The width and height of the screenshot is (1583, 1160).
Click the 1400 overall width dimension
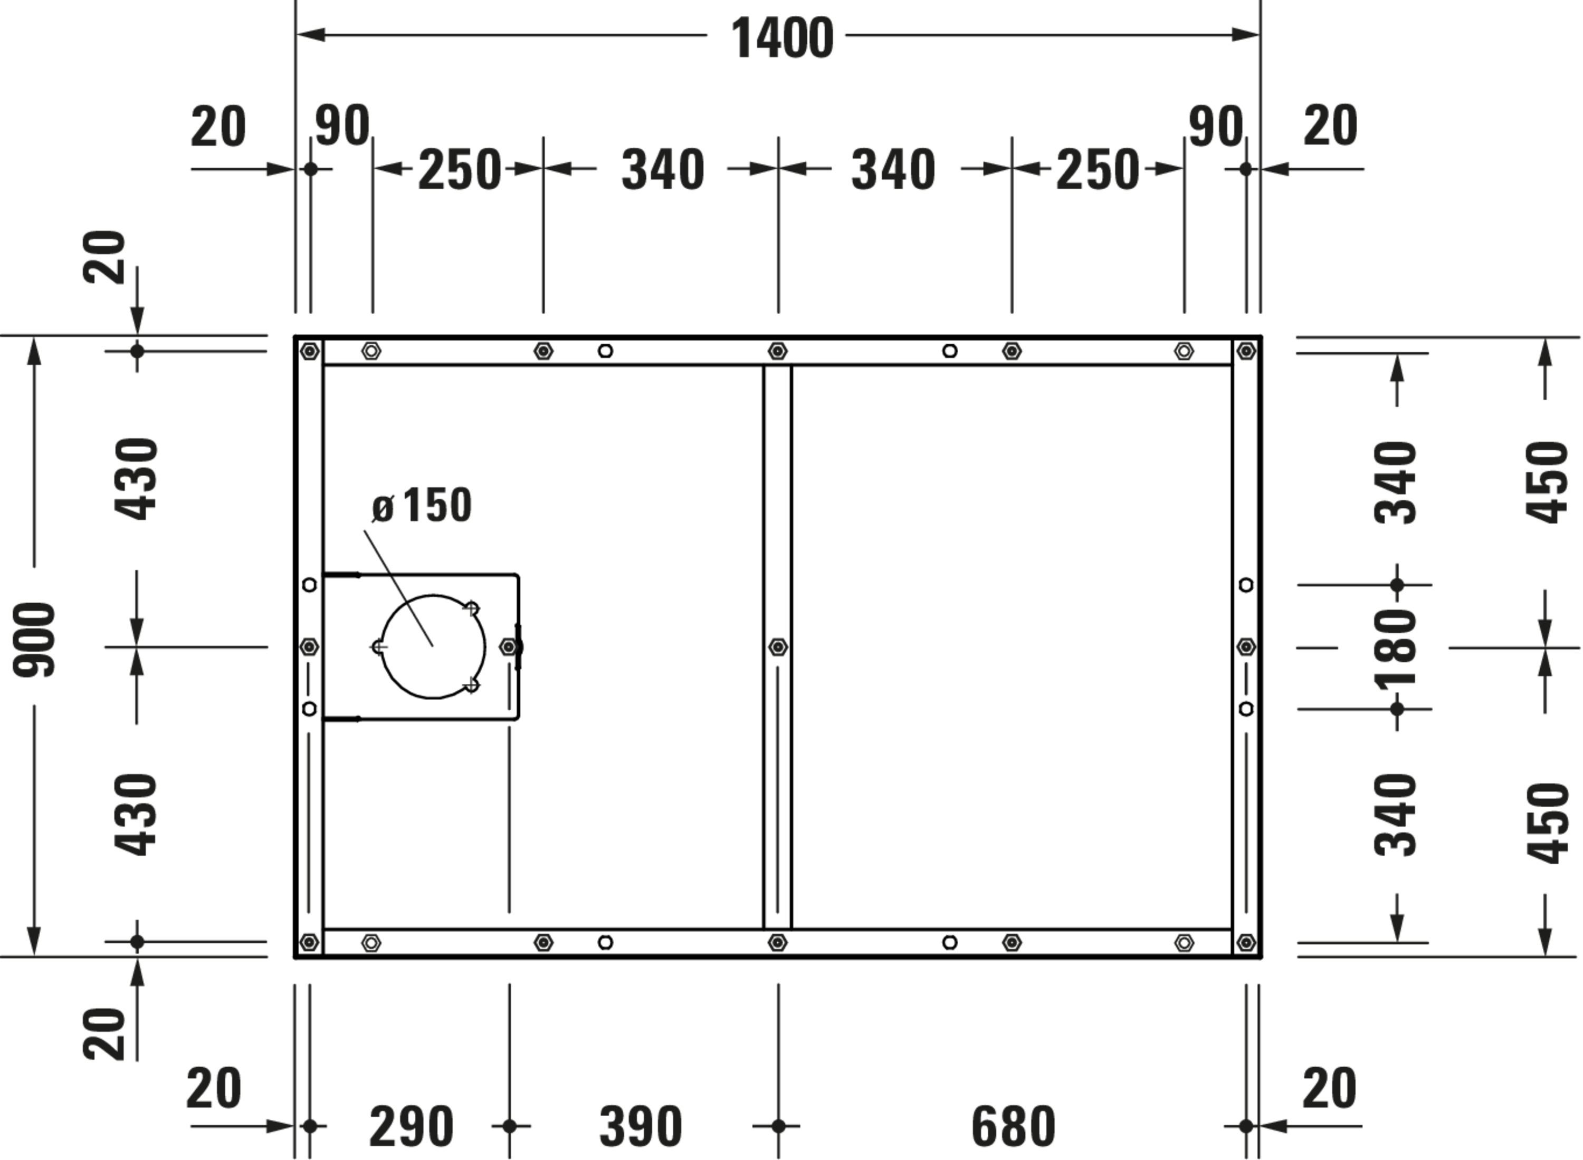[781, 38]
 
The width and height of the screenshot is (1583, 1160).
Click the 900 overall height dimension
[34, 639]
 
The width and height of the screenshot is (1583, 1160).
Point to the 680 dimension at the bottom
[1013, 1126]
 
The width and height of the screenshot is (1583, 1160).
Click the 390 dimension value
[640, 1126]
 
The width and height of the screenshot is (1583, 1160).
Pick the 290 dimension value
[411, 1126]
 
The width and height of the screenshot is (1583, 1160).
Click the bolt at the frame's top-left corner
[310, 351]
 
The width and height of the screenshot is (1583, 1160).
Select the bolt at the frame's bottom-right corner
[1246, 942]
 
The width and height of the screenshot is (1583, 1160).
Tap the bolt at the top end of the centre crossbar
[777, 351]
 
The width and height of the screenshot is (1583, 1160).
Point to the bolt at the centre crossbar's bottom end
[777, 942]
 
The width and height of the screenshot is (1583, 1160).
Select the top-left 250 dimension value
[460, 170]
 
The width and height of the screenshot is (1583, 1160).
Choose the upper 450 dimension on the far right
[1547, 482]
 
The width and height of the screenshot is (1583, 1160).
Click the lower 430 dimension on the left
[136, 815]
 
